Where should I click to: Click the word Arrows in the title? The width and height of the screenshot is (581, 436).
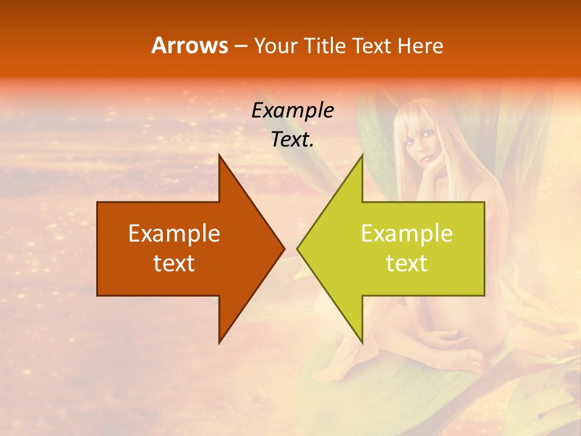coord(189,45)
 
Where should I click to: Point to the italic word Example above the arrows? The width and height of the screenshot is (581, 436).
coord(292,110)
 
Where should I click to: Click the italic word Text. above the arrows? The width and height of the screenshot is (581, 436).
coord(292,139)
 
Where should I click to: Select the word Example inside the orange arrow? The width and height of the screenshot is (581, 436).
coord(174,233)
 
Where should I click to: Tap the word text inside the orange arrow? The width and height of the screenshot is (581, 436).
coord(174,263)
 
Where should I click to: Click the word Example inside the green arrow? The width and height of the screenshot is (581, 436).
coord(407,233)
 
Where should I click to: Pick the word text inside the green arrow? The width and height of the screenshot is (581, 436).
coord(407,263)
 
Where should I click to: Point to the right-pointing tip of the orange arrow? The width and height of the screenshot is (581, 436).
coord(284,248)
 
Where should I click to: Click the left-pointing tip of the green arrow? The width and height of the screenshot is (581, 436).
coord(298,248)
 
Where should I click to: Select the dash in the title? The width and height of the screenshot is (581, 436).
coord(240,46)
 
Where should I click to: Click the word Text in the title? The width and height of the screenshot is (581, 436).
coord(372,45)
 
